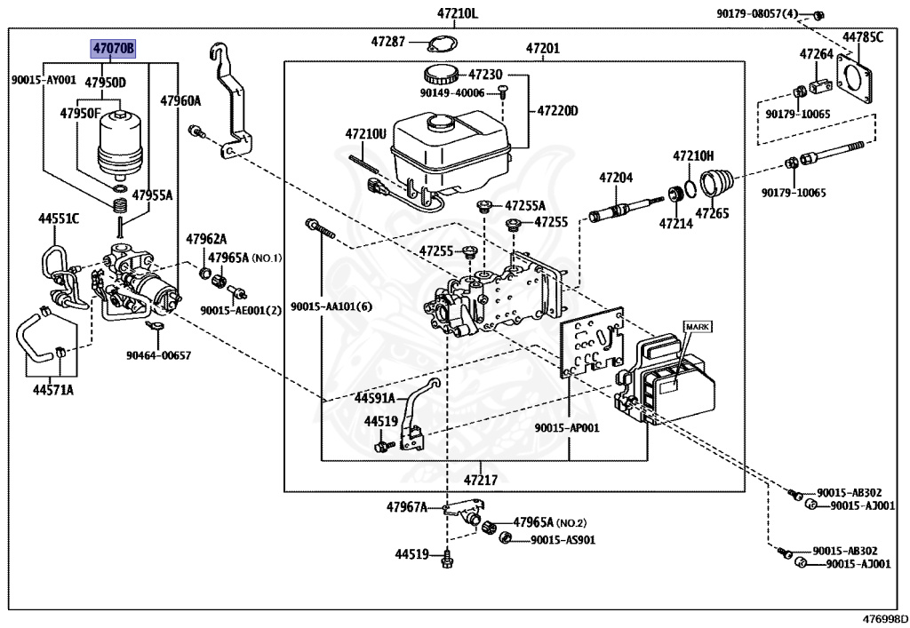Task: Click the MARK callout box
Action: click(x=698, y=327)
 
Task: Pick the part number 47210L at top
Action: click(x=457, y=13)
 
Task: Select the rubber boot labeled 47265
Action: click(x=716, y=184)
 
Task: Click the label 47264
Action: click(x=816, y=54)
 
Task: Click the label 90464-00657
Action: click(x=157, y=356)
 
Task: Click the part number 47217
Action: click(x=480, y=481)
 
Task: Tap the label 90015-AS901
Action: click(x=563, y=539)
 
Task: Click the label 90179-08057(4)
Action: click(x=757, y=13)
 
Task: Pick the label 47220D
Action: click(x=557, y=111)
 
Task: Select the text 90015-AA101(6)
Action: click(x=328, y=306)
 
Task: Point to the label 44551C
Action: click(x=58, y=217)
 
